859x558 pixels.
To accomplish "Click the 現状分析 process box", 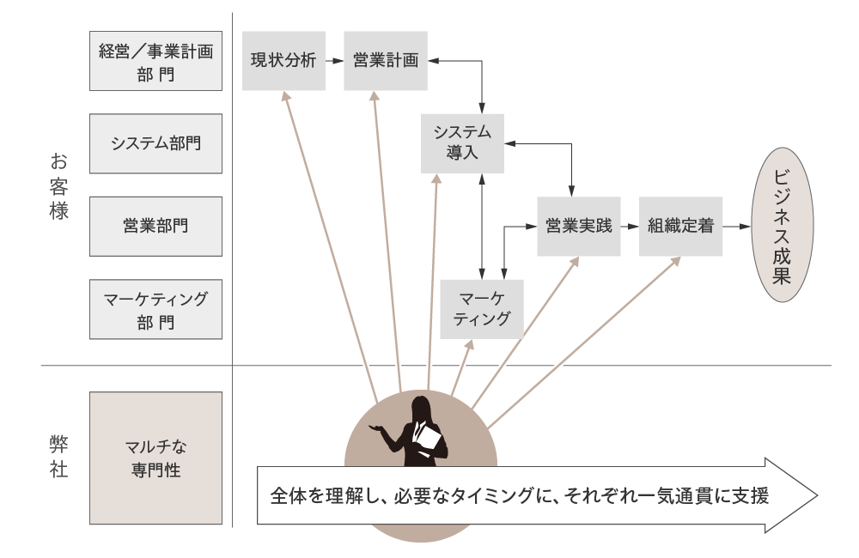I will click(283, 61).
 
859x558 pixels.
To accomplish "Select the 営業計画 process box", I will click(386, 61).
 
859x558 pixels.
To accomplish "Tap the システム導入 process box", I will click(462, 143).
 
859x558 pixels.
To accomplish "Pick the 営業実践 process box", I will click(579, 227).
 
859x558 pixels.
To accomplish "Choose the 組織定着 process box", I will click(680, 227).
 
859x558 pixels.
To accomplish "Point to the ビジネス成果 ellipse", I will click(782, 225).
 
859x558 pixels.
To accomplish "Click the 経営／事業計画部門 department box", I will click(155, 61).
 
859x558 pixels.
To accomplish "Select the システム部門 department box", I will click(155, 143).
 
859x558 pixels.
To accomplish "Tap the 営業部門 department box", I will click(155, 226).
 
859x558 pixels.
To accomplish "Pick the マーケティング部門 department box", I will click(155, 309).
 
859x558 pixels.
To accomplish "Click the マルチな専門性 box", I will click(155, 458).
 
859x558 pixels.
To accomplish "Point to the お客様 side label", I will click(58, 186).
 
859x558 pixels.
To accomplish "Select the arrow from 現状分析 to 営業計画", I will click(335, 61).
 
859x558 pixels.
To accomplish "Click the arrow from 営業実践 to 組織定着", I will click(630, 227).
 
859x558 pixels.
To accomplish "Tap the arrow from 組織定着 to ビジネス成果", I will click(736, 227).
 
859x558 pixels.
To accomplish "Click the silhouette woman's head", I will click(423, 409).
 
